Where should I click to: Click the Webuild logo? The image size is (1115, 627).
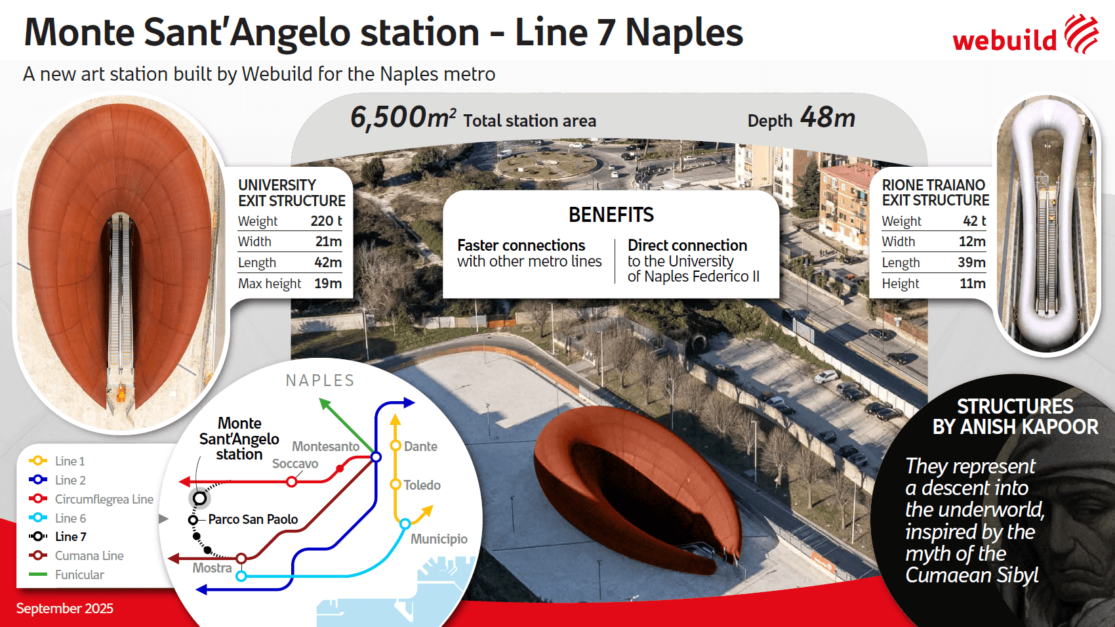tap(1025, 35)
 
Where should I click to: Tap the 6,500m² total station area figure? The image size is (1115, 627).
tap(403, 118)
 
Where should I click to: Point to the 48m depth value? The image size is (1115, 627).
tap(828, 118)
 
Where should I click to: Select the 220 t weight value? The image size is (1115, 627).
tap(327, 221)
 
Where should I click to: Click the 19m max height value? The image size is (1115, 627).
tap(328, 284)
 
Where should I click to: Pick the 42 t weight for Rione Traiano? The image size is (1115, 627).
tap(974, 221)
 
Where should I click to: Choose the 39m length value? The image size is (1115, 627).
tap(971, 262)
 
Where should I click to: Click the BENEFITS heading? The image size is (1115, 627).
tap(611, 215)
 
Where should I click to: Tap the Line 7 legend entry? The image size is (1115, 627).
tap(58, 537)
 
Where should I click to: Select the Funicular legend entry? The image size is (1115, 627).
tap(66, 574)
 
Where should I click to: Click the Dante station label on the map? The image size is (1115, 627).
tap(420, 446)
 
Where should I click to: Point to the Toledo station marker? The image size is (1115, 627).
tap(395, 484)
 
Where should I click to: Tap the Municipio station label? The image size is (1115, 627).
tap(439, 539)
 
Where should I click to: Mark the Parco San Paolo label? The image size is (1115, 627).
tap(253, 519)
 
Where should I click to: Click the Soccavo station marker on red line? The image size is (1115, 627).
tap(292, 481)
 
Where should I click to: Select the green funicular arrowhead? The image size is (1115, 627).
tap(325, 404)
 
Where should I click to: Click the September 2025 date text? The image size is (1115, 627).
tap(65, 609)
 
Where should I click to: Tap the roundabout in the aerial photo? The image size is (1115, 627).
tap(546, 165)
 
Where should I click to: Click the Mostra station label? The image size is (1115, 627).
tap(212, 568)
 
